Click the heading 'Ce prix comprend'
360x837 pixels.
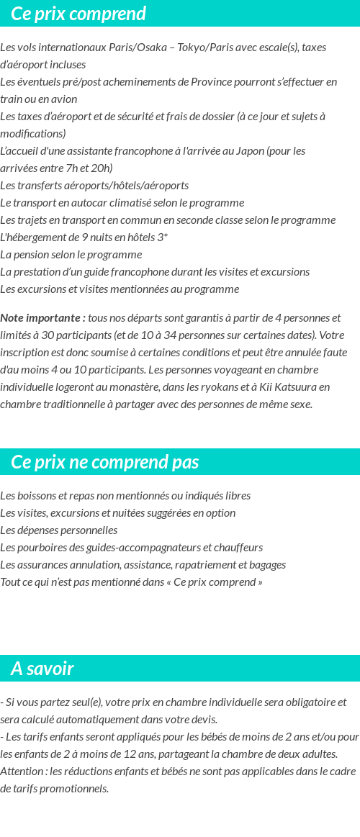point(78,14)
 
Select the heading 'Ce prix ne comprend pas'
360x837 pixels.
point(105,462)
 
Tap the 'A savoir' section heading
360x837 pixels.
point(42,669)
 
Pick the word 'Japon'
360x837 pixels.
point(251,151)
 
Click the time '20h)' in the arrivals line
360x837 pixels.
point(100,168)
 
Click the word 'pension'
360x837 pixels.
point(30,255)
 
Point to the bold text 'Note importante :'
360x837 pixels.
point(43,318)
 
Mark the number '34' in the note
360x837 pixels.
point(170,335)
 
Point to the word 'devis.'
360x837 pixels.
point(202,720)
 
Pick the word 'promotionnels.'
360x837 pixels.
point(76,789)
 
